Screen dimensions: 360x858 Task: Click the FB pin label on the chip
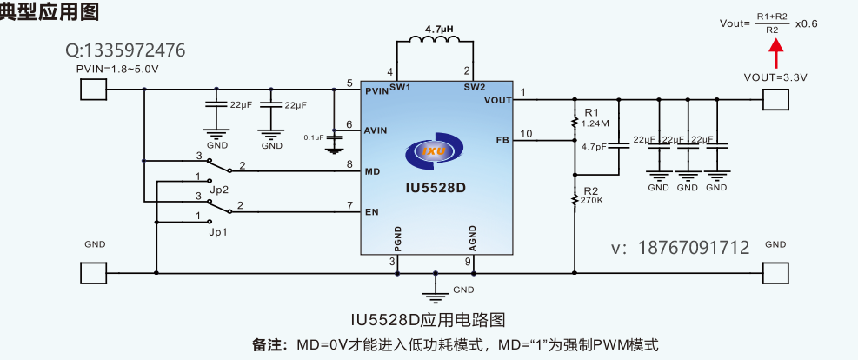pos(502,139)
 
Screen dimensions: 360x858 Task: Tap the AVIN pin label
pos(376,130)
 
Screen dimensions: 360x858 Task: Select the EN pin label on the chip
pos(371,211)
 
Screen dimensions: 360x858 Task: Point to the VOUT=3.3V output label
pos(775,77)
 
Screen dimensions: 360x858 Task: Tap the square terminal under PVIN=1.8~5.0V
pos(93,90)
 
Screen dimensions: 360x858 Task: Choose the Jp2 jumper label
pos(219,189)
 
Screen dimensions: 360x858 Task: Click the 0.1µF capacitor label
pos(313,137)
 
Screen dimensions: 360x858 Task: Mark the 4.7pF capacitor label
pos(594,146)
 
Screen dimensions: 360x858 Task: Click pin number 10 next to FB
pos(525,133)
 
